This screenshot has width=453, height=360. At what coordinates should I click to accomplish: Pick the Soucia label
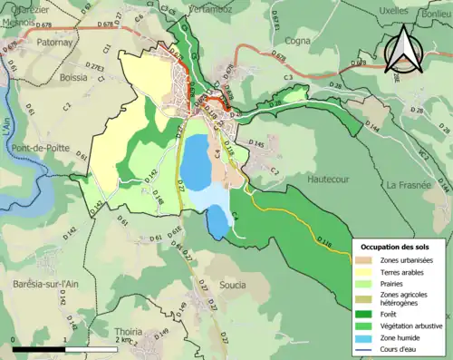[x=232, y=285]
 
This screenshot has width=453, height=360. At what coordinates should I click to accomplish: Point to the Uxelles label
[x=367, y=10]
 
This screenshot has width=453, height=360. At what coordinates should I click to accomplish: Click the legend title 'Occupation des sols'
[x=398, y=247]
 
